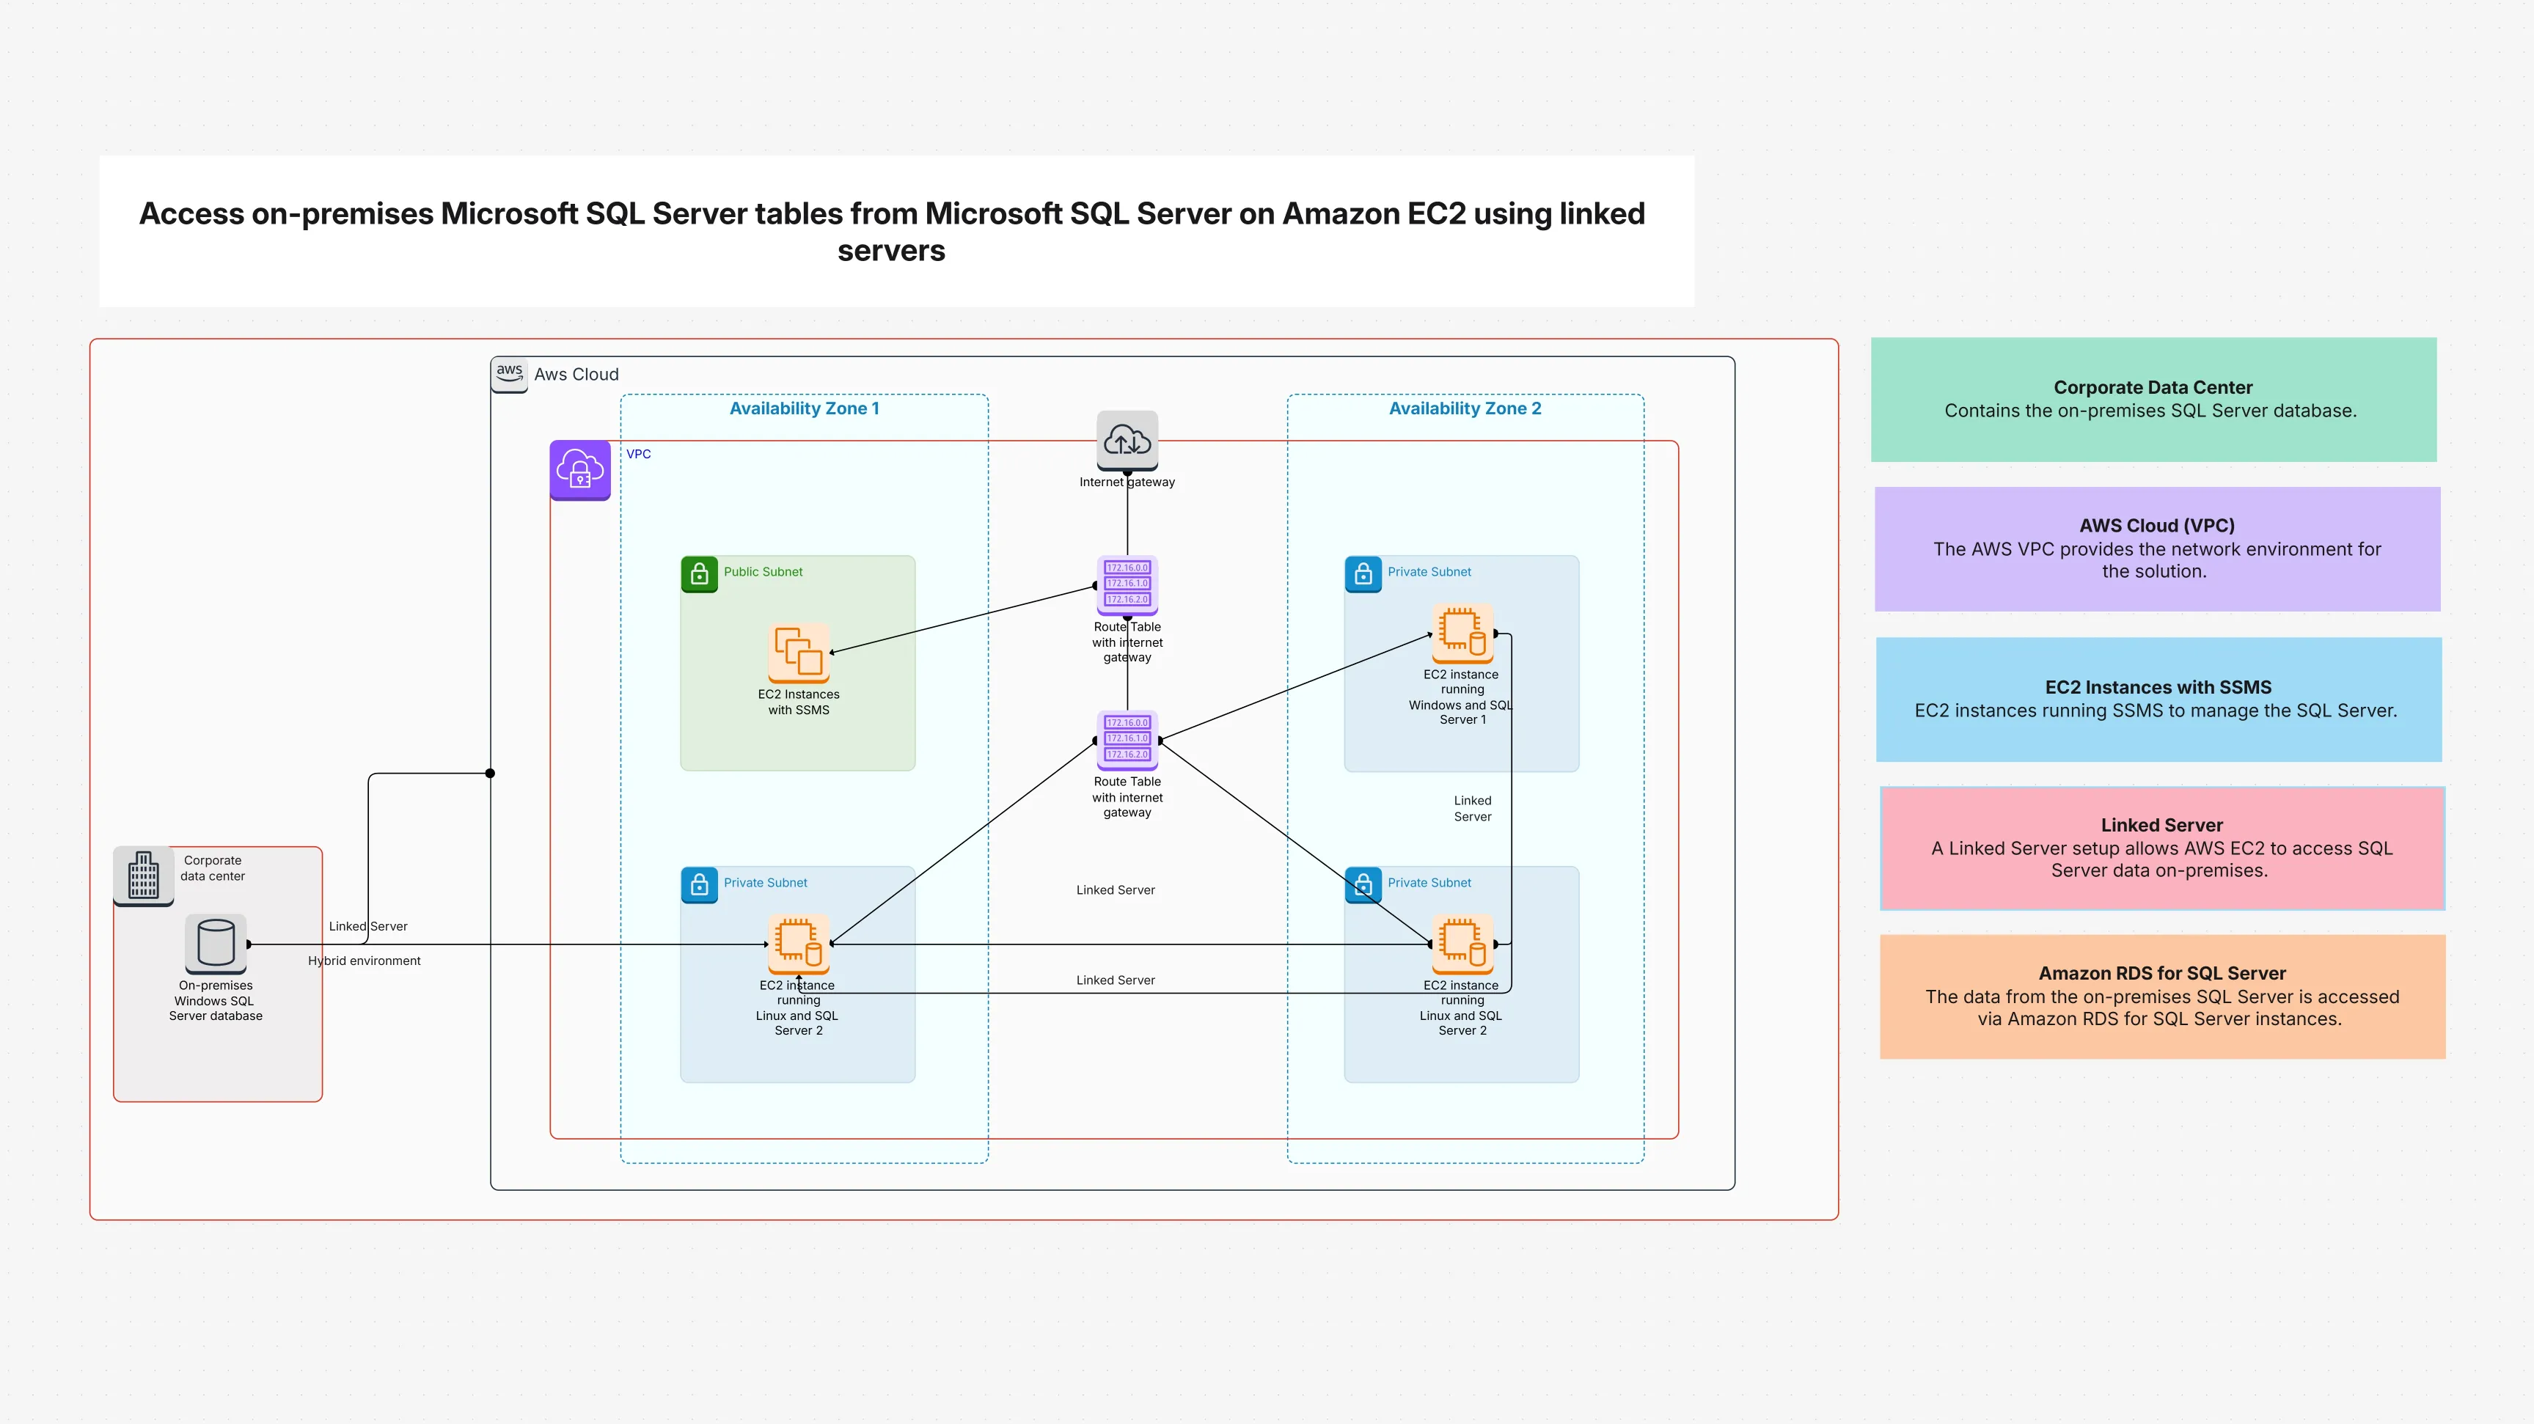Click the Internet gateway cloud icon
point(1127,439)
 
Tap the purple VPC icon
point(580,469)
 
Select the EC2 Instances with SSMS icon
point(798,652)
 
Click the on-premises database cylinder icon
point(216,942)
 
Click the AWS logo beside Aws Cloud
point(508,374)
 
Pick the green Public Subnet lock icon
point(700,573)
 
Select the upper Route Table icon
point(1127,584)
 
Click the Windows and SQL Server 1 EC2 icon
point(1462,632)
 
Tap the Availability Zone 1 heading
point(804,408)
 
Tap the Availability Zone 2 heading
point(1465,408)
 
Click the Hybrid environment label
point(364,961)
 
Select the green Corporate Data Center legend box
point(2153,400)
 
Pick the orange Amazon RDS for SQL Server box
point(2162,997)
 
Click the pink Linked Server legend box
point(2162,848)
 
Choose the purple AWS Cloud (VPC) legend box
point(2157,548)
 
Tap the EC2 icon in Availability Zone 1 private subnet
point(798,942)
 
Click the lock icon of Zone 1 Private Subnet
point(700,884)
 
